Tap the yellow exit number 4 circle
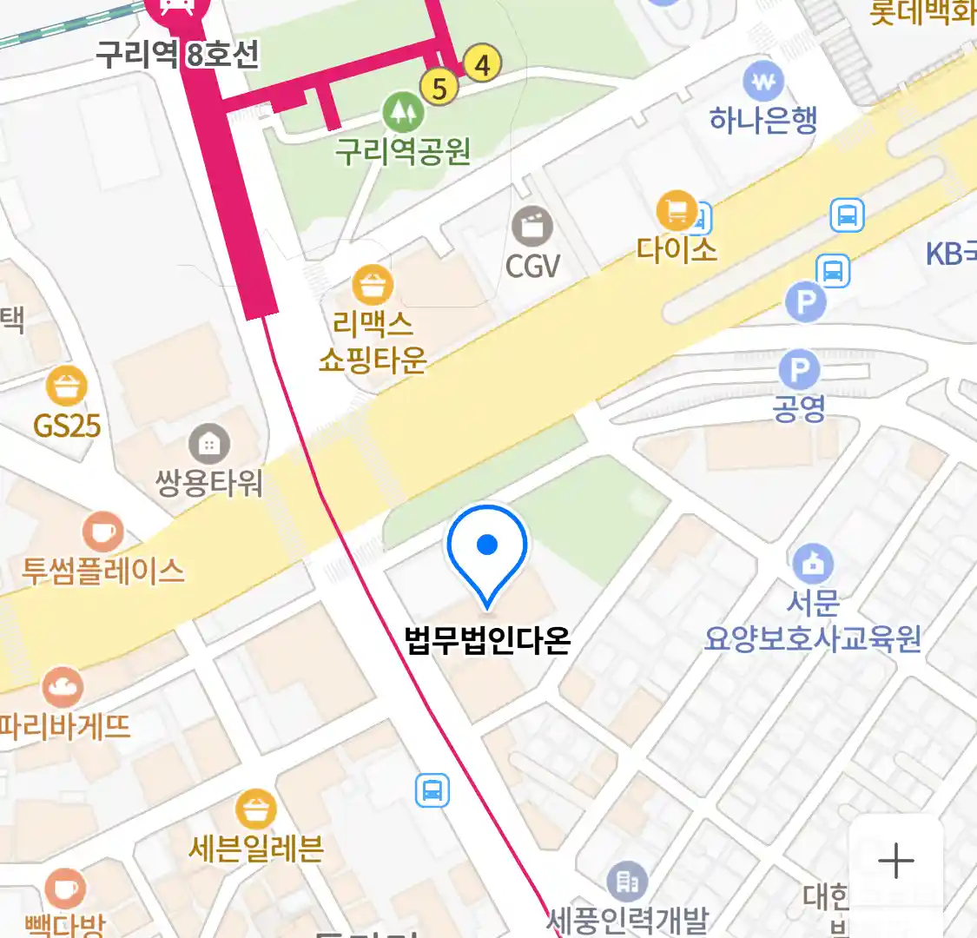[482, 63]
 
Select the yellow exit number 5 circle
[439, 87]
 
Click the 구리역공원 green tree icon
[403, 111]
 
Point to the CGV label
[532, 266]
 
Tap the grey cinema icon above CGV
[532, 228]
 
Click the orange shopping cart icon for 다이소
[677, 211]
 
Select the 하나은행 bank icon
[763, 83]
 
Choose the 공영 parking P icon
[798, 371]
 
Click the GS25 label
[67, 426]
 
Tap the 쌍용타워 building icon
[209, 445]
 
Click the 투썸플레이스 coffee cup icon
[102, 532]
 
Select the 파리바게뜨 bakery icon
[62, 688]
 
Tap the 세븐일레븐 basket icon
[255, 810]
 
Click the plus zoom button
[895, 862]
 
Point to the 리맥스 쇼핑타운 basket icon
[373, 285]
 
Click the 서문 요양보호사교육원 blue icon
[812, 564]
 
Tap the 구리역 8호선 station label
[176, 55]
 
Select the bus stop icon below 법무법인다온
[432, 790]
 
